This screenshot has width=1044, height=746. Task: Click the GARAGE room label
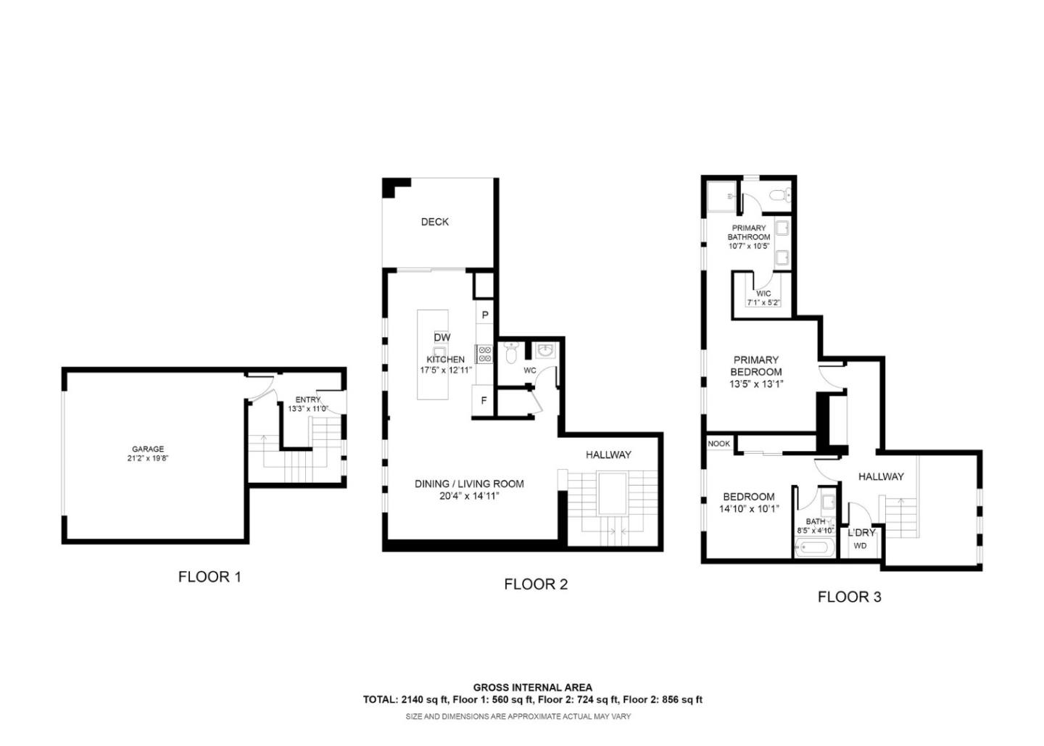(148, 449)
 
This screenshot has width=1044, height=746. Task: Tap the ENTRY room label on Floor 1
(307, 399)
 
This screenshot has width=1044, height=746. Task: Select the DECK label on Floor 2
(434, 222)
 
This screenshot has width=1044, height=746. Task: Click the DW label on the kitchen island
(442, 337)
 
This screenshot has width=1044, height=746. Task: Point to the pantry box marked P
(484, 315)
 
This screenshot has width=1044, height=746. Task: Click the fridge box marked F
(484, 400)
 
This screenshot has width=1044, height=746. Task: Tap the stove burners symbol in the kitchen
(484, 354)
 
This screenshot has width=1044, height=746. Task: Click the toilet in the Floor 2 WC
(510, 353)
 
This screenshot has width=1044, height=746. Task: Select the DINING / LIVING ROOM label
(469, 484)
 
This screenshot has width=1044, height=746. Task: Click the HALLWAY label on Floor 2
(608, 455)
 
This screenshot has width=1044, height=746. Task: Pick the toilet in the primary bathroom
(778, 194)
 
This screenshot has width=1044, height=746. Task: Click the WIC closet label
(763, 294)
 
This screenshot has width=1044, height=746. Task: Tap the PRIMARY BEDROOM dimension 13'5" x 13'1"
(756, 384)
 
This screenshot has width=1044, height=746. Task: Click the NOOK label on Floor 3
(718, 443)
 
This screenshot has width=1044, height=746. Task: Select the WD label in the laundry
(860, 546)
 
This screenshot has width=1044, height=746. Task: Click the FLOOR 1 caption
(210, 577)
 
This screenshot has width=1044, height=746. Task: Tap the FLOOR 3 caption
(849, 597)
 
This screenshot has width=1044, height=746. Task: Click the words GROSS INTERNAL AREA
(532, 687)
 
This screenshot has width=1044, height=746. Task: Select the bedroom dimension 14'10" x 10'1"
(749, 509)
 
